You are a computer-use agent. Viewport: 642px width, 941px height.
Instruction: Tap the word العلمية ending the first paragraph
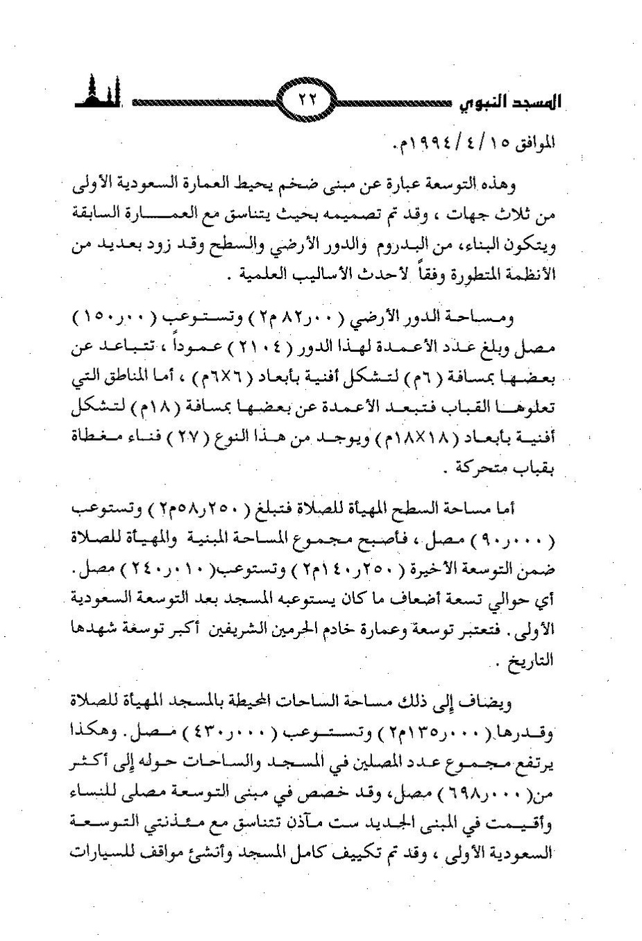260,274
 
